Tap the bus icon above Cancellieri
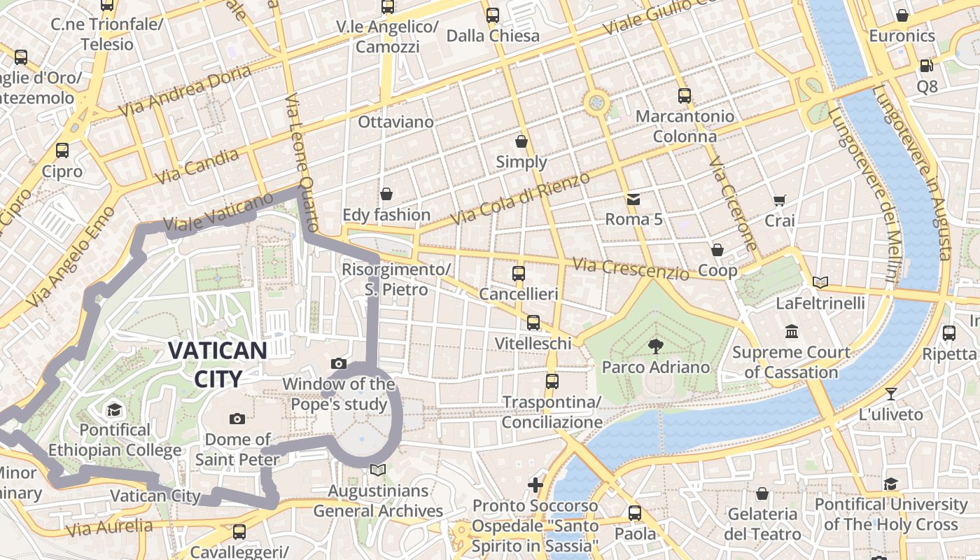(x=518, y=273)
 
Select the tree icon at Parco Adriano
(x=655, y=345)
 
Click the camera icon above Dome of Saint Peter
(x=237, y=419)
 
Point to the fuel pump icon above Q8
(x=926, y=65)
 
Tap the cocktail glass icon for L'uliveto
(x=890, y=393)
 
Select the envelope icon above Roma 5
(x=633, y=199)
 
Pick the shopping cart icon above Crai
(x=779, y=200)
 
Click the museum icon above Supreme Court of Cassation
(x=791, y=331)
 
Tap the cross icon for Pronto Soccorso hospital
(x=535, y=484)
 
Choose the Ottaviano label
(x=395, y=122)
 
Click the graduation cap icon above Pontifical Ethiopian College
(x=113, y=409)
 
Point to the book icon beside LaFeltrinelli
(x=820, y=282)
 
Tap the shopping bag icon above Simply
(x=521, y=141)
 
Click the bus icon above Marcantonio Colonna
(x=684, y=95)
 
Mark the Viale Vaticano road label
(x=218, y=212)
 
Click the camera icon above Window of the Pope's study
(x=339, y=363)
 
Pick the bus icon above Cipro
(x=62, y=150)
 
